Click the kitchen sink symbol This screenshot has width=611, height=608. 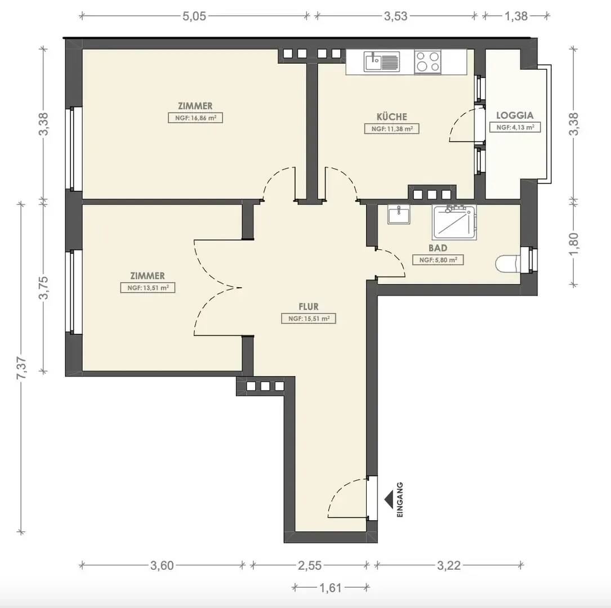coord(382,62)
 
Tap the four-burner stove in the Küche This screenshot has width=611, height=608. coord(427,61)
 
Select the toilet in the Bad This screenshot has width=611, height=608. coord(507,263)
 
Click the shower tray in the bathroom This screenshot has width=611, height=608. coord(454,222)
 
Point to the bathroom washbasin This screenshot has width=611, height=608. coord(399,215)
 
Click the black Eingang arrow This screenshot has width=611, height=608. coord(389,500)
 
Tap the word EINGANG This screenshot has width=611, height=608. coord(400,500)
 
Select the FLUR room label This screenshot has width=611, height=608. coord(309,306)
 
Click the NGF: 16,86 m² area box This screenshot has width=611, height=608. coord(195,118)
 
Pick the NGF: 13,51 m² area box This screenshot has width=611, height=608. coord(148,288)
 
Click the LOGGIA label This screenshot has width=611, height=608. coord(515,115)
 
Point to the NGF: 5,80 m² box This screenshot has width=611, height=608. coord(438,260)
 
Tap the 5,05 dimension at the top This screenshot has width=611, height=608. coord(194,16)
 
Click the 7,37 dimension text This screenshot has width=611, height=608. coord(21,368)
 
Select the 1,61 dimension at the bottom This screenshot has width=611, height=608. coord(331,587)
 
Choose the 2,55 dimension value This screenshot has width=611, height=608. coord(310,565)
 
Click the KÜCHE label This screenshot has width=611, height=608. coord(391,117)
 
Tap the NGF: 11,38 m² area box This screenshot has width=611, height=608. coord(391,129)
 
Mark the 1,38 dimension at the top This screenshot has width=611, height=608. coord(516,16)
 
